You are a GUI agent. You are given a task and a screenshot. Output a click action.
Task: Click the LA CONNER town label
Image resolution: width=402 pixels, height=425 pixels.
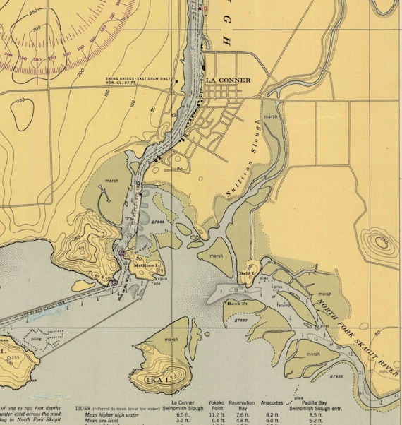pyautogui.click(x=228, y=80)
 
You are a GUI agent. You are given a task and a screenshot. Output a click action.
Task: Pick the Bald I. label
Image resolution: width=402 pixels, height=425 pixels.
pyautogui.click(x=247, y=273)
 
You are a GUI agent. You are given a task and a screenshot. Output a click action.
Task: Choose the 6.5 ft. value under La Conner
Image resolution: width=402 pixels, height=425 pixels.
pyautogui.click(x=183, y=416)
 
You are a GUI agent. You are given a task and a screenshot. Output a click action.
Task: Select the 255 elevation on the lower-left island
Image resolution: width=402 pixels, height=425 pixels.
pyautogui.click(x=14, y=358)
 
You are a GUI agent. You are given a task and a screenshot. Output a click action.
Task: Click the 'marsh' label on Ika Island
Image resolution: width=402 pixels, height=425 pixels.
pyautogui.click(x=171, y=340)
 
